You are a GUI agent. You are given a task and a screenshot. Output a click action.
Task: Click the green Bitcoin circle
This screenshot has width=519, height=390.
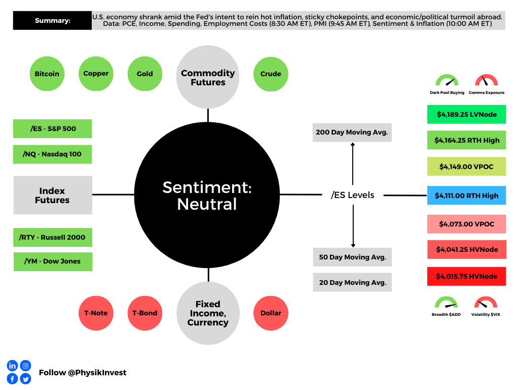coord(47,74)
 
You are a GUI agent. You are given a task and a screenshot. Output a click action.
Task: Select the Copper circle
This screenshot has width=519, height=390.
coord(96,74)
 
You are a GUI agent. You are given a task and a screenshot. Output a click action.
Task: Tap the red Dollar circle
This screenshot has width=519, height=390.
coord(271,313)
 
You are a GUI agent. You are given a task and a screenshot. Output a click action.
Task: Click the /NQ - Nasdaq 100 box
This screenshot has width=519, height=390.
coord(52,154)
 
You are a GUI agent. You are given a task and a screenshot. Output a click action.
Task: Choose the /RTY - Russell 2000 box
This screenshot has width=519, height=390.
coord(53,237)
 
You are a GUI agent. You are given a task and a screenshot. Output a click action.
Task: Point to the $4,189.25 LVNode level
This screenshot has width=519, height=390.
coord(466,115)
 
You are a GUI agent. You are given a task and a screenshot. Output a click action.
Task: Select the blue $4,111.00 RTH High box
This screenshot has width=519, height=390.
coord(466,196)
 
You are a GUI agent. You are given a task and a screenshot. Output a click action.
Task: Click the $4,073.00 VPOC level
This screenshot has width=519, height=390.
coord(466,224)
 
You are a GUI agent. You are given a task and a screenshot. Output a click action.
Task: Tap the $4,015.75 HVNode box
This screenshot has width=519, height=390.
coord(466,276)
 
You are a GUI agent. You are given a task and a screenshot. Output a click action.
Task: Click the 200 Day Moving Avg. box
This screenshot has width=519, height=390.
coord(352,132)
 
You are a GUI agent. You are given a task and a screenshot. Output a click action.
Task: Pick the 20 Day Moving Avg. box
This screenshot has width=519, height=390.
coord(352,282)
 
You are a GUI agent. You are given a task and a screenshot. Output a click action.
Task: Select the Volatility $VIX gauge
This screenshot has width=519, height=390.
coord(486,305)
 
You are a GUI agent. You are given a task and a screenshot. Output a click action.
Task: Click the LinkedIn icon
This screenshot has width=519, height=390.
coord(12,366)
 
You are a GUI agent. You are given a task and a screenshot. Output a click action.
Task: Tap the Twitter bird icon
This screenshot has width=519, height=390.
coord(25,379)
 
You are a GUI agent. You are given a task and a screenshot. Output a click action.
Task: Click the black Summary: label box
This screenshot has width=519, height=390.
coord(52,21)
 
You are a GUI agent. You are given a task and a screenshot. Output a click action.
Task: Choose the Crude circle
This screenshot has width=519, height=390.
coord(271,74)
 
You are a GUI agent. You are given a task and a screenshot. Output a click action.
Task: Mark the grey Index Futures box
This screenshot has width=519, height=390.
coord(53,196)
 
